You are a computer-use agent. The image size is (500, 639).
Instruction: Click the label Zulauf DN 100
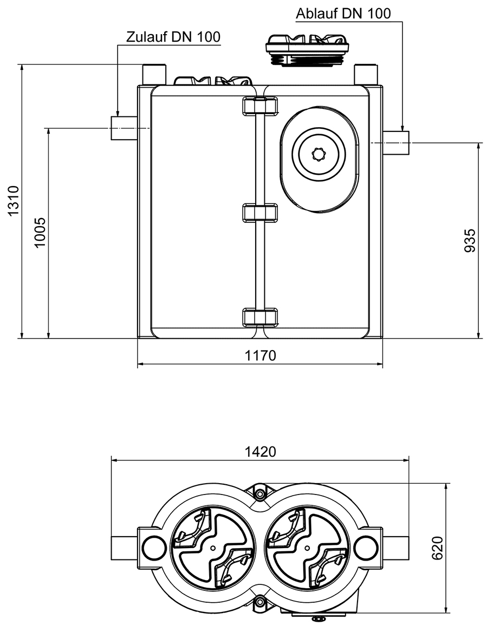point(173,37)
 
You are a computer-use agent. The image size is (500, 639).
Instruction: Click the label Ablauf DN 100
point(343,14)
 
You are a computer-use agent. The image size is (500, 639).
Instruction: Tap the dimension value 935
point(470,240)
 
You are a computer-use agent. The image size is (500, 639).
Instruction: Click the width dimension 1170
point(261,355)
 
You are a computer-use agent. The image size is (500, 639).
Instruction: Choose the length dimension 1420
point(260,451)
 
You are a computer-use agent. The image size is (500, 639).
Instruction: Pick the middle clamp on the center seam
point(260,213)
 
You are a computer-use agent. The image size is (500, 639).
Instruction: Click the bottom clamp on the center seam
point(260,317)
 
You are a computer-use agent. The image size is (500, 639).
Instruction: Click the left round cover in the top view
point(212,548)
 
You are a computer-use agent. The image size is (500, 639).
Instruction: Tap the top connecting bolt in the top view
point(260,493)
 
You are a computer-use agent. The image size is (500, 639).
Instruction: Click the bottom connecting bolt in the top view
point(260,602)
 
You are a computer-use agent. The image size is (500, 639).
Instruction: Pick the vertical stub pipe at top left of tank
point(154,74)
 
